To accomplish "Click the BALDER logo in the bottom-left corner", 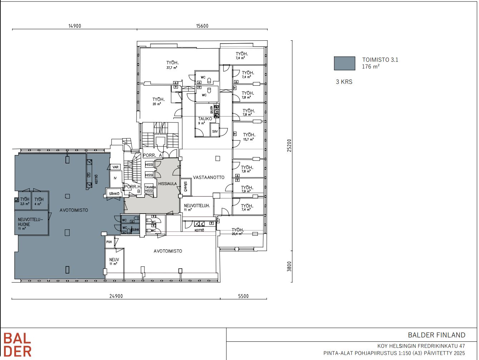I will point(18,344).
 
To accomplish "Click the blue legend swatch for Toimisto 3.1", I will point(344,63).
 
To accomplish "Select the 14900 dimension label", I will point(75,26).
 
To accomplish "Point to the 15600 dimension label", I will point(202,26).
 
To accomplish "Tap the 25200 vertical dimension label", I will point(289,145).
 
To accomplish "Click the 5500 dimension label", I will point(243,296).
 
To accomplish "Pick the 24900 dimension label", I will point(116,296).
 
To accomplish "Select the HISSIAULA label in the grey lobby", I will point(168,184).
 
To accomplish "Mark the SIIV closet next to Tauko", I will point(214,131).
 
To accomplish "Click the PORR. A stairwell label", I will point(153,155).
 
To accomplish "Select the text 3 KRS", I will point(344,82).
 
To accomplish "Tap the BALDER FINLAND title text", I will point(436,335).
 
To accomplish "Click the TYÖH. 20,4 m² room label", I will point(237,231).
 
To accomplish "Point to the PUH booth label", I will point(109,242).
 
